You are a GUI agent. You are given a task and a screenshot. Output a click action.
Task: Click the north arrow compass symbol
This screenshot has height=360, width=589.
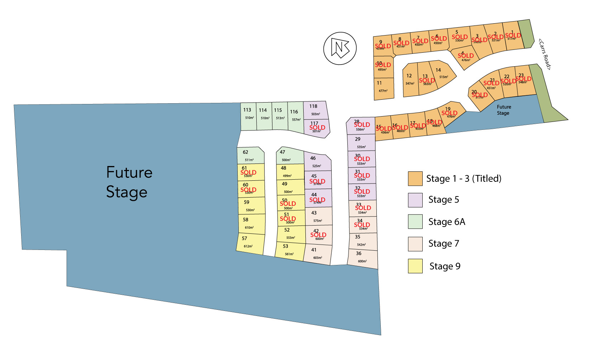(x=340, y=48)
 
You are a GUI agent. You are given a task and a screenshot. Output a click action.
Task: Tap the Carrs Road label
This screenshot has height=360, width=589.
(x=545, y=54)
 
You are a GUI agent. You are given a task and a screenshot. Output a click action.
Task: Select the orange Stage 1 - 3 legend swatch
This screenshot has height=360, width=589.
(x=415, y=179)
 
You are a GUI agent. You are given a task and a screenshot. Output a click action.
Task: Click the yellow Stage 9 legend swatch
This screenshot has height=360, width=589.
(x=415, y=266)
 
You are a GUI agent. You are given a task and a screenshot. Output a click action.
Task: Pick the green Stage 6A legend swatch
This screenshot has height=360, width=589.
(x=415, y=222)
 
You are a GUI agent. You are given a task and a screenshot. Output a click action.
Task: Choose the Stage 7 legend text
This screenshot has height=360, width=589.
(x=443, y=244)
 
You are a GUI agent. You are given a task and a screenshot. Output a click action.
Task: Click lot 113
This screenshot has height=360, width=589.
(x=248, y=117)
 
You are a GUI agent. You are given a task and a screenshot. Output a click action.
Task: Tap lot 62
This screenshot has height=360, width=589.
(x=250, y=156)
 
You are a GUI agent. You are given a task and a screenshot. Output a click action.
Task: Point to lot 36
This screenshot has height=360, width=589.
(x=362, y=258)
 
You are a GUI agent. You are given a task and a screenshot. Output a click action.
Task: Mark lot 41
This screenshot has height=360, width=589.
(x=317, y=254)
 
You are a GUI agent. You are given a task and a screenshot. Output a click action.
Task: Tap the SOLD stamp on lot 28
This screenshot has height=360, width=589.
(x=362, y=125)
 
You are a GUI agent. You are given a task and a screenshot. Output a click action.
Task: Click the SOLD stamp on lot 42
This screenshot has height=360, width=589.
(x=318, y=235)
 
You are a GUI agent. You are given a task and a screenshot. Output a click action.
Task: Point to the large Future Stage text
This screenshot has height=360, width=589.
(x=129, y=182)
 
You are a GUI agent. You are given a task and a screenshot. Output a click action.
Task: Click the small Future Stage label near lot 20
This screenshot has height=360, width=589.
(x=503, y=110)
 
